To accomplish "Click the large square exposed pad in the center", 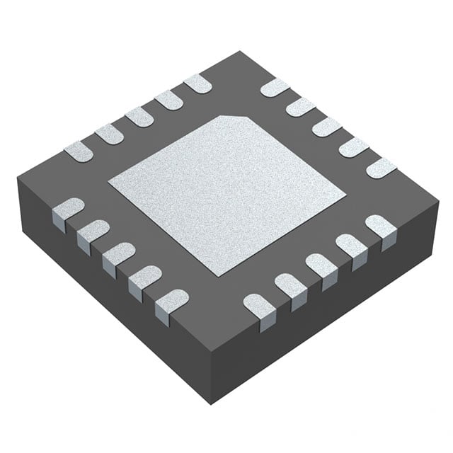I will [226, 193].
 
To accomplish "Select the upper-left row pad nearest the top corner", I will [197, 84].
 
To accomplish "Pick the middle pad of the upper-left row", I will [139, 117].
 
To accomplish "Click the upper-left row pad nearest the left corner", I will [79, 150].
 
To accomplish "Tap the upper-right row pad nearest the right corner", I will [381, 168].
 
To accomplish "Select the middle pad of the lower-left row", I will [118, 253].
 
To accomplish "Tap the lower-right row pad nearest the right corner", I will [380, 226].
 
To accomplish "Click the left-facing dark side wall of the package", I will [106, 297].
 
